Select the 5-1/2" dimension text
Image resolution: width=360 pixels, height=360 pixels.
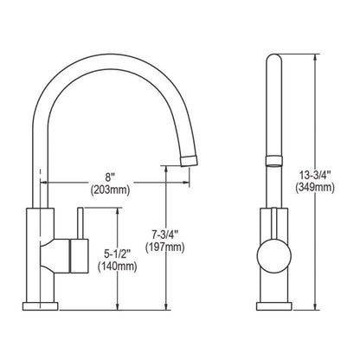pyautogui.click(x=119, y=254)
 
